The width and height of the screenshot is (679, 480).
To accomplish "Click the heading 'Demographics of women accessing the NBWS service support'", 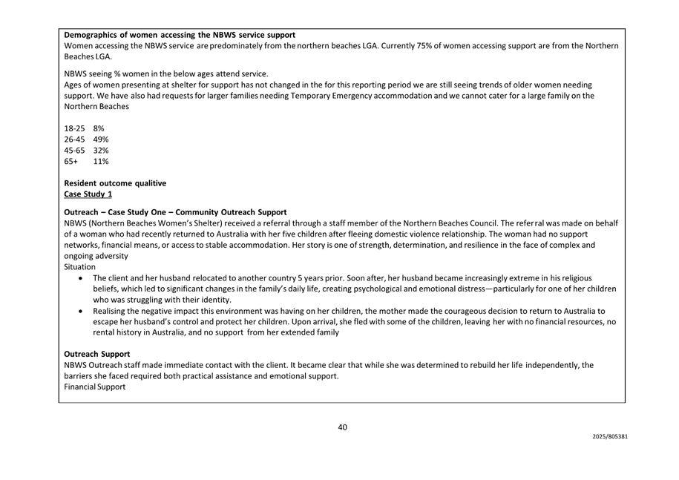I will tap(180, 35).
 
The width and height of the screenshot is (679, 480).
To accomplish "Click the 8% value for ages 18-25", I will tap(99, 128).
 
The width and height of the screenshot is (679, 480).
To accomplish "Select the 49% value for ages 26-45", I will tap(101, 139).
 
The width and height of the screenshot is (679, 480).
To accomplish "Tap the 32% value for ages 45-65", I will tap(101, 151).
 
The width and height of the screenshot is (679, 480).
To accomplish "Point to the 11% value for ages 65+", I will tap(101, 161).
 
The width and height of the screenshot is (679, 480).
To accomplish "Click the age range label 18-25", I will tap(75, 128).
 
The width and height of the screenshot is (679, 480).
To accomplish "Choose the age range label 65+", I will tap(71, 161).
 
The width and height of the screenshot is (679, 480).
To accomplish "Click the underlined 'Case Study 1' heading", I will tap(88, 194).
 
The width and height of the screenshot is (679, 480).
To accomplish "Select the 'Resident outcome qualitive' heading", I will tap(115, 183).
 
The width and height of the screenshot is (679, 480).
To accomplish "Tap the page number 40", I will tap(343, 427).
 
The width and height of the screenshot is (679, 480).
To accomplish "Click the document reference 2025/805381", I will tap(610, 437).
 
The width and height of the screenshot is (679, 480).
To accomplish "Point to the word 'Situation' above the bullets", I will tap(79, 266).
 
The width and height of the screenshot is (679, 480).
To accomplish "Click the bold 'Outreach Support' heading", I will tap(97, 354).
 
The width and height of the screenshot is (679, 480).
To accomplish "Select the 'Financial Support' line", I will tap(95, 387).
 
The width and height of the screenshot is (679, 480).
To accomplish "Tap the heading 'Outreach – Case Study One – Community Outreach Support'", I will tap(175, 212).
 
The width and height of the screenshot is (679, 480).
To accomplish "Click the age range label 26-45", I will tap(75, 139).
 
